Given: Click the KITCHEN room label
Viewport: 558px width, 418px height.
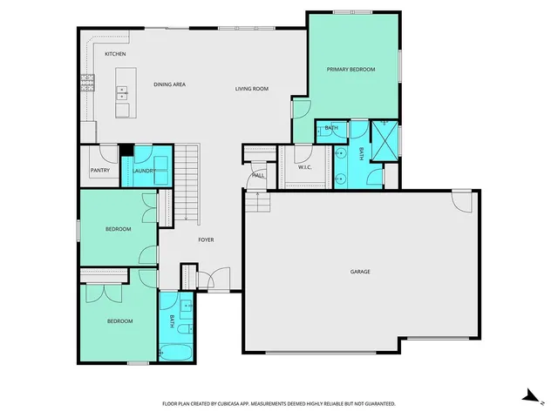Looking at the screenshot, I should [x=115, y=54].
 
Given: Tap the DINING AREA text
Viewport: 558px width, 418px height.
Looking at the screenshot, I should [x=169, y=84].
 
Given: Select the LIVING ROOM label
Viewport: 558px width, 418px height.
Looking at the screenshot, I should [x=251, y=89].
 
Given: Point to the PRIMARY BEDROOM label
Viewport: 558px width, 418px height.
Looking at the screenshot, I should [x=350, y=69].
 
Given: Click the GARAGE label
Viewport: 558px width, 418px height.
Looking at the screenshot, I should [x=360, y=272].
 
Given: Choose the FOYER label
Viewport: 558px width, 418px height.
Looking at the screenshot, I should [x=206, y=239].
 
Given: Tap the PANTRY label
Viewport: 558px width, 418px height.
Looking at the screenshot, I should [x=100, y=171].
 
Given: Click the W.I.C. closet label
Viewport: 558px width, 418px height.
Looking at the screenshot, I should [x=305, y=166].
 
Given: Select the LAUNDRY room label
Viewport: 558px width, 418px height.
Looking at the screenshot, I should [x=144, y=171].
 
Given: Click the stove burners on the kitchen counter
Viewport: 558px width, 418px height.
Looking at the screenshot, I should [x=87, y=83].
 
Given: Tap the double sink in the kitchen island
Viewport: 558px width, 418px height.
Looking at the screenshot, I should [x=123, y=90].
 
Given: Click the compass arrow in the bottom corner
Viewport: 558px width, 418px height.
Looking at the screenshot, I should [x=528, y=395].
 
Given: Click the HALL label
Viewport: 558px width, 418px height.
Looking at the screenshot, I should [x=259, y=175].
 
